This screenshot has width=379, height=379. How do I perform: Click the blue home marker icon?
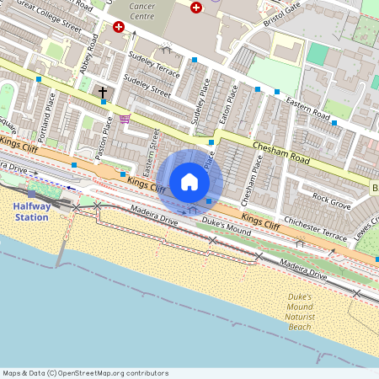tap(189, 182)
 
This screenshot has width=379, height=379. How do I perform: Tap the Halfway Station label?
tap(32, 211)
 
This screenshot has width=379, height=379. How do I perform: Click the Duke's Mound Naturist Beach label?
tap(300, 312)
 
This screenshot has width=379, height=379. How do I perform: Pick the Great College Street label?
tap(48, 16)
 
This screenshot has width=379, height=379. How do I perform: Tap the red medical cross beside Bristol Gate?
tap(196, 8)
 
